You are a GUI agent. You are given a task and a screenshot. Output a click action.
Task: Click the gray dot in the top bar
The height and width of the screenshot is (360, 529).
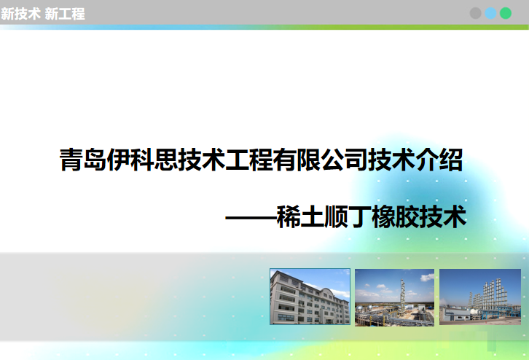click(x=475, y=13)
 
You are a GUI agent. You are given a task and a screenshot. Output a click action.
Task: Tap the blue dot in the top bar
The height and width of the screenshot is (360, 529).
click(x=490, y=13)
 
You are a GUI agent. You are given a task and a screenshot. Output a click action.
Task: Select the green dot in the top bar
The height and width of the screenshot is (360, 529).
click(x=506, y=13)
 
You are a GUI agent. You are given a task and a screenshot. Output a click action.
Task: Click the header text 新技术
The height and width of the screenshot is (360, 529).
click(x=20, y=14)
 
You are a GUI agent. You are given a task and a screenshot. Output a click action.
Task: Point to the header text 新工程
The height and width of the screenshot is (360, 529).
click(x=64, y=14)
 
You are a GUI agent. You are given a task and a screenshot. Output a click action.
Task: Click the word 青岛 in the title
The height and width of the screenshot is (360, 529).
click(x=83, y=160)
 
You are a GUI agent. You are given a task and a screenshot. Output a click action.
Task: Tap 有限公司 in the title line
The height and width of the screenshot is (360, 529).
click(x=320, y=160)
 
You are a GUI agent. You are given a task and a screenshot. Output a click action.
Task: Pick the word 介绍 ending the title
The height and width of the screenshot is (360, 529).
click(x=439, y=160)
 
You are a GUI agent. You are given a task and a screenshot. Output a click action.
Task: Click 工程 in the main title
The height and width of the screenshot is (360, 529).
click(x=249, y=160)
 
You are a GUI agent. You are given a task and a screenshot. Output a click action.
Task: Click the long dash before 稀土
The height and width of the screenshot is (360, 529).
click(x=251, y=218)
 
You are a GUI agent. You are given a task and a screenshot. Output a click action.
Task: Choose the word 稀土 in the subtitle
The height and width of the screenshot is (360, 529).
click(x=300, y=217)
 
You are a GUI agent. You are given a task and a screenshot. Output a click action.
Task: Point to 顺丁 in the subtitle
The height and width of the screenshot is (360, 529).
click(x=348, y=217)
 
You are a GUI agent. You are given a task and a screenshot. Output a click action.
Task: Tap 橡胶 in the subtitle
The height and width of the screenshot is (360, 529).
click(x=395, y=217)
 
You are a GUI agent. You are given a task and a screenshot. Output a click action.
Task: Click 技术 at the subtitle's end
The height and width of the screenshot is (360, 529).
click(x=442, y=217)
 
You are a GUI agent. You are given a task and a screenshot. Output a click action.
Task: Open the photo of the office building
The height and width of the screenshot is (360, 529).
click(x=310, y=297)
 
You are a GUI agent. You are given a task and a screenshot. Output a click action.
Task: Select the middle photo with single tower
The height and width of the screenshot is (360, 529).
click(x=394, y=297)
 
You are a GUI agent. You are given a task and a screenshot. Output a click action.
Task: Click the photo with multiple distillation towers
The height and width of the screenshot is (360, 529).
click(x=480, y=297)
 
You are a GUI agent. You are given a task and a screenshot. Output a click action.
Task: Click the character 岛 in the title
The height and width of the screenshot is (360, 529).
click(x=95, y=160)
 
